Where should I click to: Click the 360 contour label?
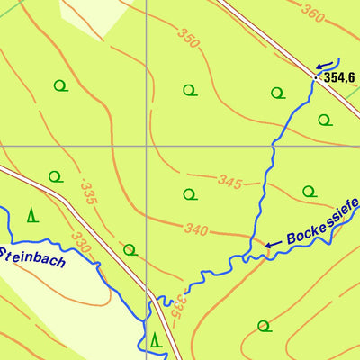312,13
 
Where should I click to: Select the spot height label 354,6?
339,78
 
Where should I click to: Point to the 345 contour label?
230,183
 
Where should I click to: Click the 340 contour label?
196,229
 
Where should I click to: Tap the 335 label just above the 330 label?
87,192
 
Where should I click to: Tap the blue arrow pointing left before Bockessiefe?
272,244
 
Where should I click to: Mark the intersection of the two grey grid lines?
146,145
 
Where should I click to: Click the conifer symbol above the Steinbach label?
31,214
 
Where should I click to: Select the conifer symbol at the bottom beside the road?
156,339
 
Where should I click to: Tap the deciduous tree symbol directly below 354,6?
323,120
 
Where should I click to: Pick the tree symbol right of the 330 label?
130,249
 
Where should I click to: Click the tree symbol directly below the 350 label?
189,89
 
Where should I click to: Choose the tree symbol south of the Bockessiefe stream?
263,325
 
